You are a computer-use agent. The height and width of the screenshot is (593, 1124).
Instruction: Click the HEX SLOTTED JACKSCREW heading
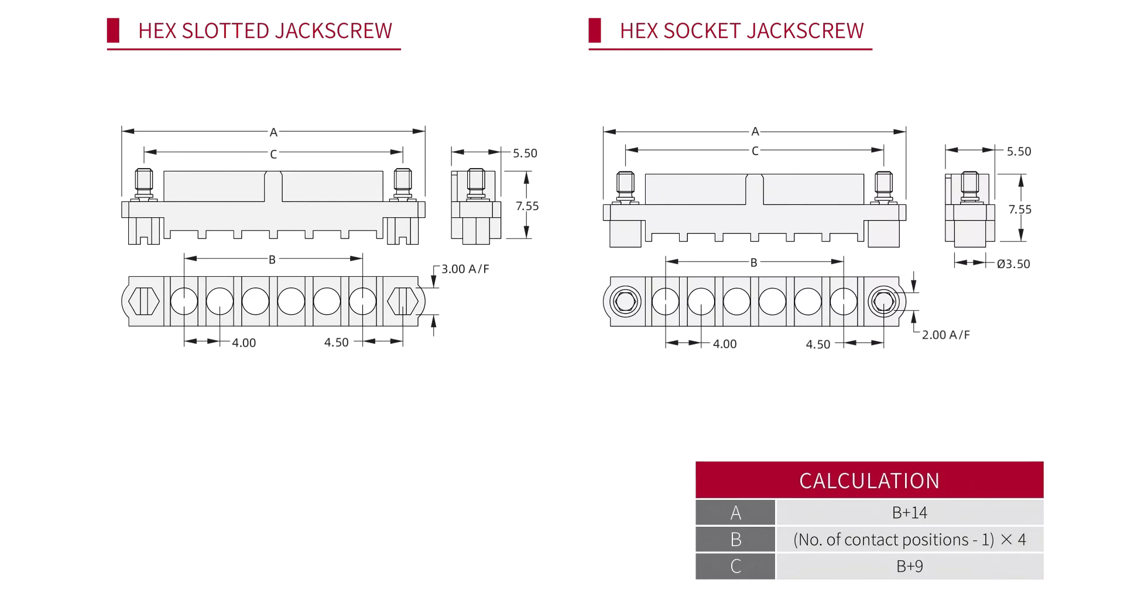point(265,30)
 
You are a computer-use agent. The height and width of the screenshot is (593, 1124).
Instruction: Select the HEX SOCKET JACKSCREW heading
point(742,30)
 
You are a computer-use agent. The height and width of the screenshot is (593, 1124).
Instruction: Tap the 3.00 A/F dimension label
point(465,269)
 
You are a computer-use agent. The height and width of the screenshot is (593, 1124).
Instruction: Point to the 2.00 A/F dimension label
point(946,335)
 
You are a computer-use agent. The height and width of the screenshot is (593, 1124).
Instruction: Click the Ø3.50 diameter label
point(1013,264)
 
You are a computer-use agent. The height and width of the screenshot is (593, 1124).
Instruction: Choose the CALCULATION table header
point(869,481)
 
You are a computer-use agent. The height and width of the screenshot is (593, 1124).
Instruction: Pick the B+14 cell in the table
point(910,513)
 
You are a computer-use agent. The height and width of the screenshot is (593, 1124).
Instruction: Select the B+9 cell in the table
point(910,566)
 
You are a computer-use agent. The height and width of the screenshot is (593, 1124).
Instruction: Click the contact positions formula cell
point(910,539)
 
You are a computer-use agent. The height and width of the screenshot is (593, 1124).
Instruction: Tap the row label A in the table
point(736,513)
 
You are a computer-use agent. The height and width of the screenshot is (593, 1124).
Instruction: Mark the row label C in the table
point(736,566)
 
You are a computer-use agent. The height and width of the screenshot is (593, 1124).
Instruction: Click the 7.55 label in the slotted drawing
point(527,206)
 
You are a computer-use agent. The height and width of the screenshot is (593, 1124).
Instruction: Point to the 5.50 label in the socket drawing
point(1019,152)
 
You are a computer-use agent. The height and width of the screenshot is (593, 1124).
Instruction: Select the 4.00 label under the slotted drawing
point(244,343)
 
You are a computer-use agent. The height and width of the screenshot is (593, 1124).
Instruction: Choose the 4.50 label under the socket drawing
point(818,344)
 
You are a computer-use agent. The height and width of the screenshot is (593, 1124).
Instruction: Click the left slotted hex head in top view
point(144,301)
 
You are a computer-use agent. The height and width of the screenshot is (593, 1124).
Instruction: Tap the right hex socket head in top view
point(883,302)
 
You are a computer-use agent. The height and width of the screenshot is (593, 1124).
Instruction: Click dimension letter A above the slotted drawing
point(273,132)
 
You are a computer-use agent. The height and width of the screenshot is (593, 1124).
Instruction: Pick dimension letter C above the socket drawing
point(755,151)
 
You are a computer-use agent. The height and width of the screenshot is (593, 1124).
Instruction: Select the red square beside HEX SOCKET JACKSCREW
point(595,30)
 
